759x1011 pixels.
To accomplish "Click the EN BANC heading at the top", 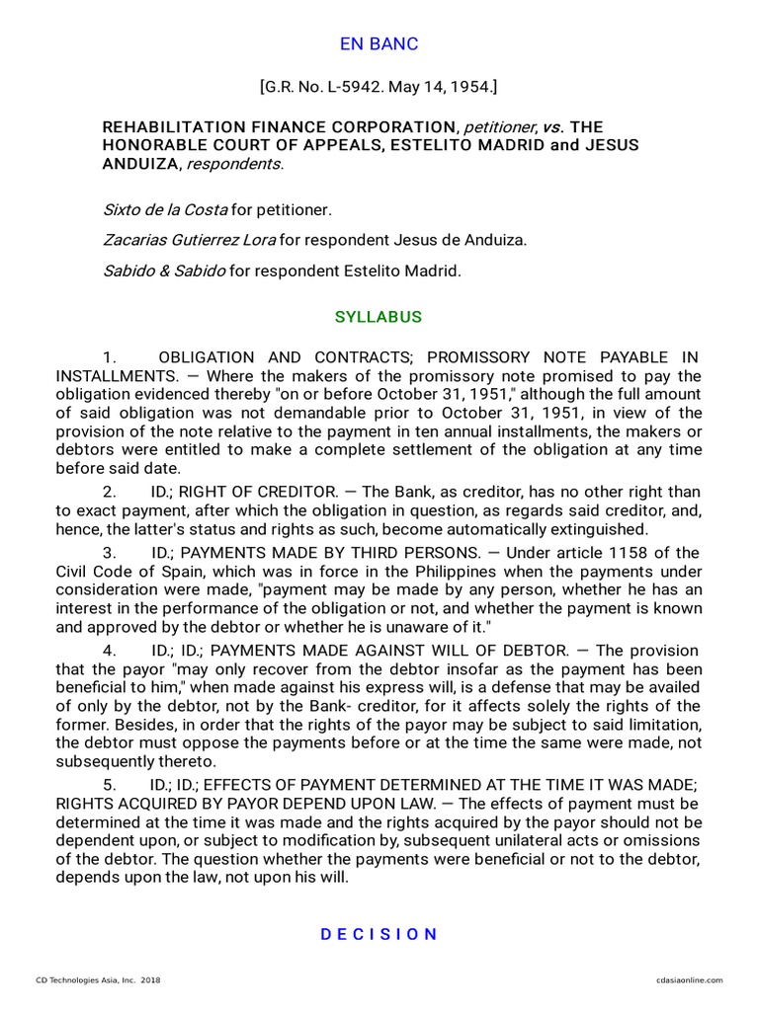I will [379, 44].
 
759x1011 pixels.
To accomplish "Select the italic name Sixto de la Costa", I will [165, 210].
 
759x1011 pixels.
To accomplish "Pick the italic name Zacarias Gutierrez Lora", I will [190, 240].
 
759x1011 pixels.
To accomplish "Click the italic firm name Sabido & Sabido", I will [164, 271].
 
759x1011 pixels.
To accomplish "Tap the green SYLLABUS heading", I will [379, 317].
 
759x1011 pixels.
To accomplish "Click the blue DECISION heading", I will [379, 934].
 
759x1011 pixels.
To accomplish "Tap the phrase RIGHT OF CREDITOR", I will [266, 492].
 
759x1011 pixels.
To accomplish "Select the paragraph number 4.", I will [109, 651].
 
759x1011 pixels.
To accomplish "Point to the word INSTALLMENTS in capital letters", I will [114, 376].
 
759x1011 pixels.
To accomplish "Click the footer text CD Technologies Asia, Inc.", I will [93, 980].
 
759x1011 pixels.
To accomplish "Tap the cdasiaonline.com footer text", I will [689, 980].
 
